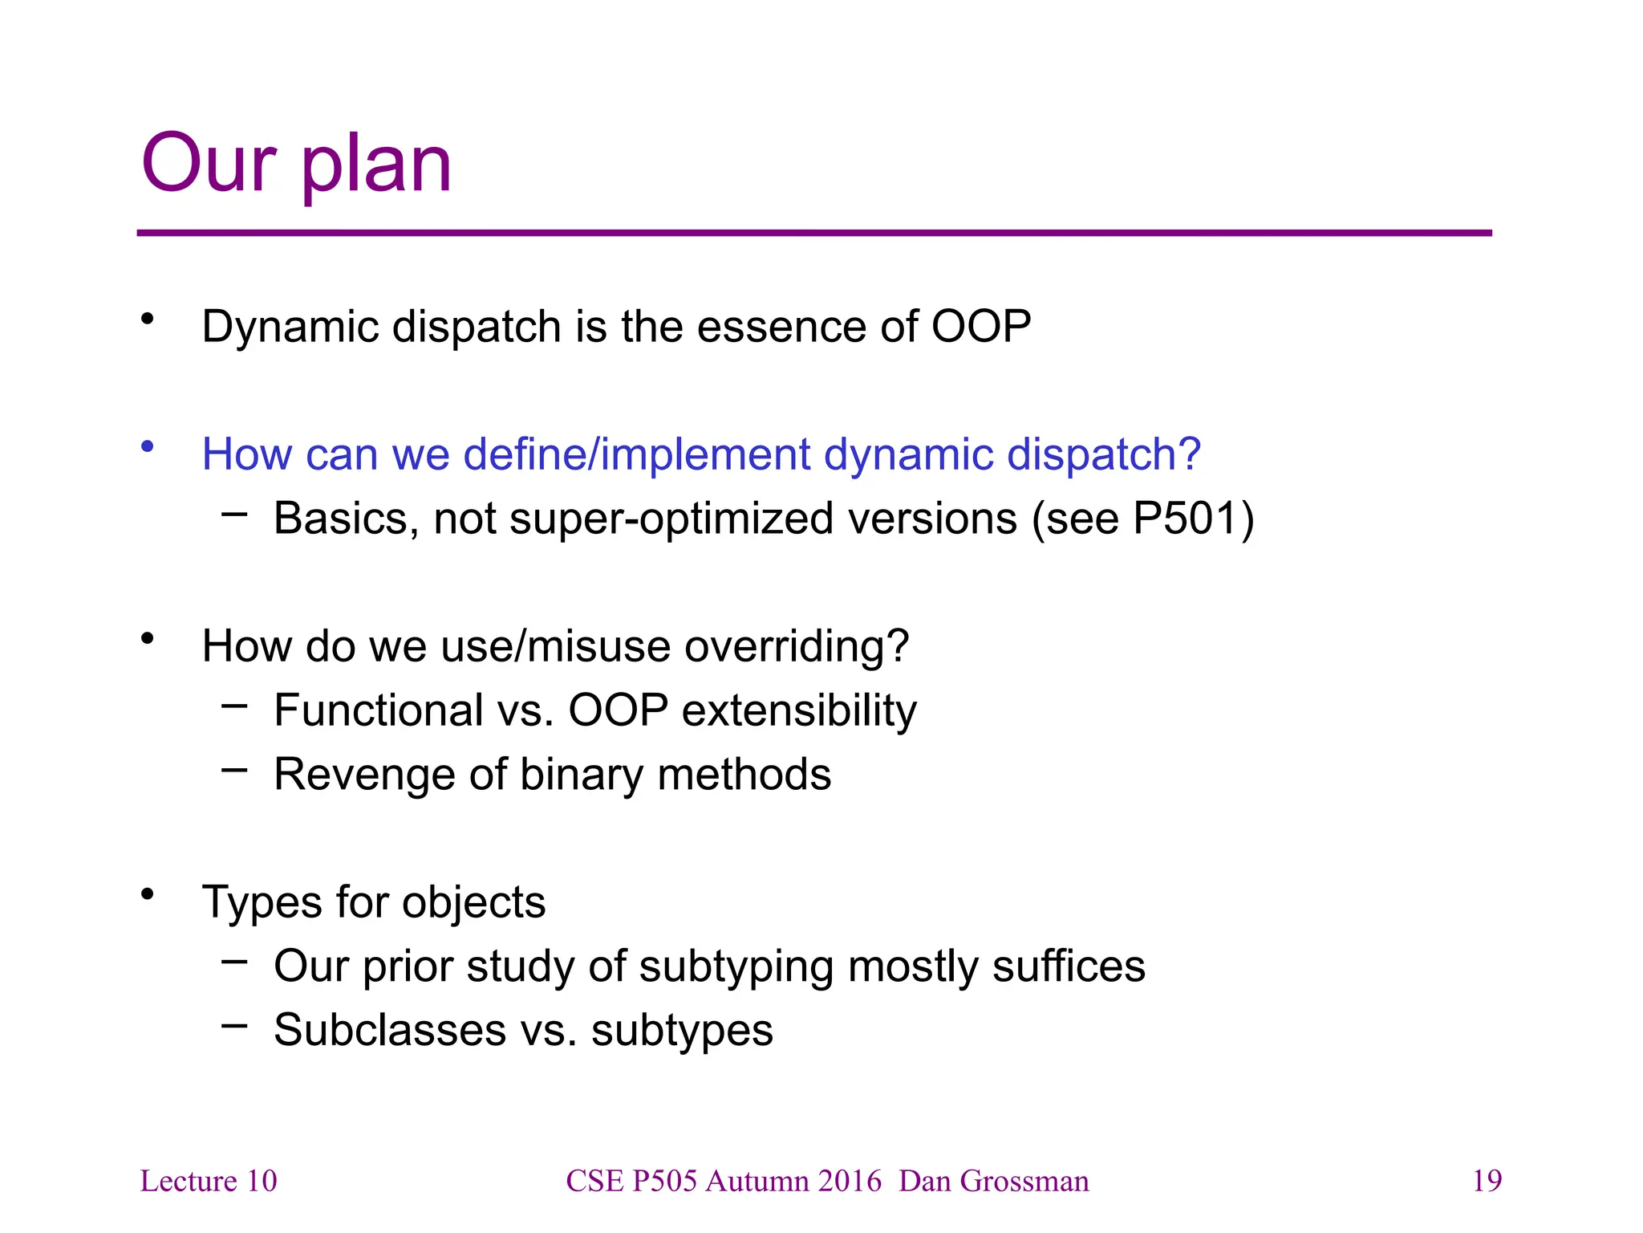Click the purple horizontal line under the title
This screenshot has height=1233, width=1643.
coord(813,234)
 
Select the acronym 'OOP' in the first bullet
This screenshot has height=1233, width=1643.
coord(980,327)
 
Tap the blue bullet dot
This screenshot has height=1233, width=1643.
coord(147,446)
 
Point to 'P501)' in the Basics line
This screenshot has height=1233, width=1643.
coord(1193,519)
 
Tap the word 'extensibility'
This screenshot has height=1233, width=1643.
coord(799,710)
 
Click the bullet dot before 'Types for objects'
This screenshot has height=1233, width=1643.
coord(147,894)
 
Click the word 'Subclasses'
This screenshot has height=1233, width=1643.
coord(390,1030)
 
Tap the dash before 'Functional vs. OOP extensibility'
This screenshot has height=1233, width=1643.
coord(234,706)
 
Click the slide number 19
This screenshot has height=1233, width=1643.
coord(1487,1181)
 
